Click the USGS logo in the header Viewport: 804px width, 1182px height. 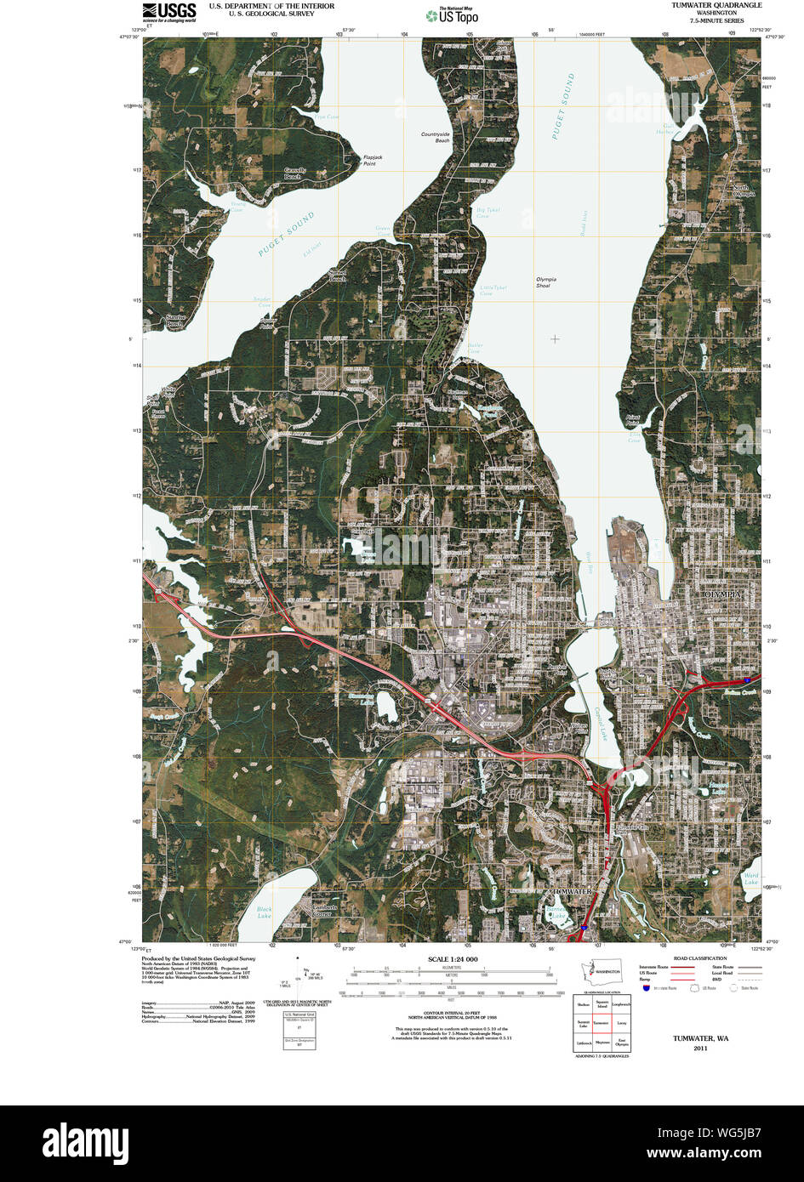point(169,11)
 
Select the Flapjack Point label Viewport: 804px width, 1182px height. point(368,160)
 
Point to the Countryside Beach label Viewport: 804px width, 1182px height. point(436,137)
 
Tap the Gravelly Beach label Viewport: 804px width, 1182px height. point(295,173)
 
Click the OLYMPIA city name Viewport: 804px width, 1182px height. point(729,594)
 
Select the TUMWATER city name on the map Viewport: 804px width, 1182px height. point(568,890)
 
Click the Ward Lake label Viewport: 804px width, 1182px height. point(750,878)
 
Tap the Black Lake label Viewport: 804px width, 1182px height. point(265,912)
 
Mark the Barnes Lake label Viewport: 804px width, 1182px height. point(556,912)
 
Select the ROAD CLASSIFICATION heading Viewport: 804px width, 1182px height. point(699,958)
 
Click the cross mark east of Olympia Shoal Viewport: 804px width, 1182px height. point(555,338)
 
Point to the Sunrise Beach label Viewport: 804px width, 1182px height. point(174,321)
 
